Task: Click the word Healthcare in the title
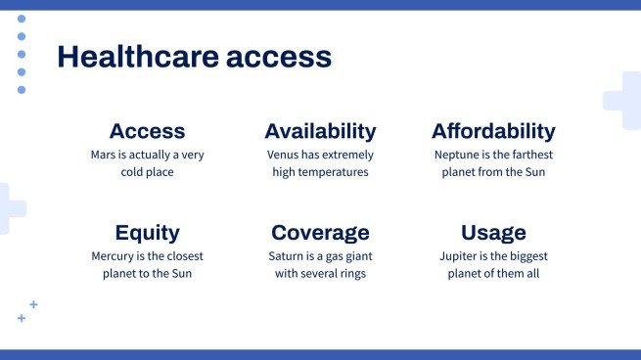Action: [x=138, y=58]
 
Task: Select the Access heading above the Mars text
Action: [x=147, y=131]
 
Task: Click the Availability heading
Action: [x=320, y=131]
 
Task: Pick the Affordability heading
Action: [x=493, y=131]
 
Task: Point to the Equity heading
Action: [x=147, y=233]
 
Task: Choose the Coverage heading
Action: [x=320, y=233]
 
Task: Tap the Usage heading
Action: [x=493, y=233]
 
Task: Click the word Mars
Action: [x=105, y=155]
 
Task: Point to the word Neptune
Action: [x=457, y=155]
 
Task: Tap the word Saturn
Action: [x=287, y=256]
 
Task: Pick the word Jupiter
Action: [x=460, y=256]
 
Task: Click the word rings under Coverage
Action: [x=348, y=274]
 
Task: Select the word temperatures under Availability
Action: [x=335, y=172]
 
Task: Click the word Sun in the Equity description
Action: [x=180, y=274]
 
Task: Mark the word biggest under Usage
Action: [x=527, y=256]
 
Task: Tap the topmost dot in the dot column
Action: [x=22, y=19]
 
